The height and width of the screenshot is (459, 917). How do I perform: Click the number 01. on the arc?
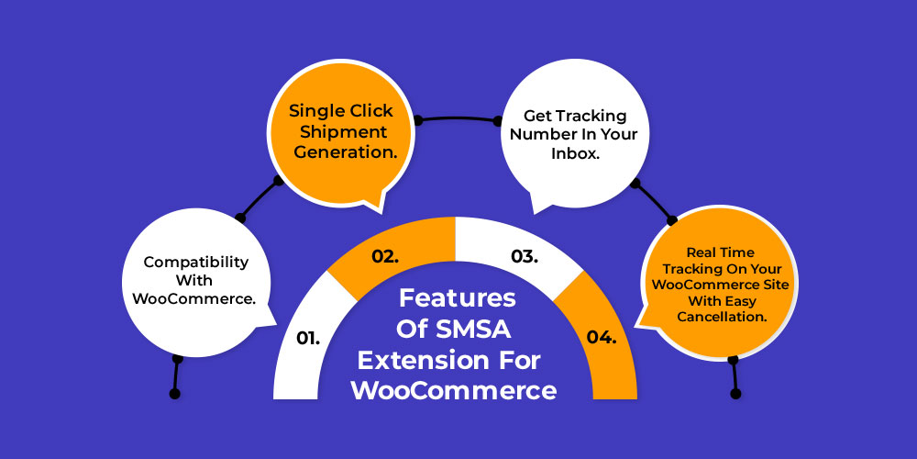(x=308, y=338)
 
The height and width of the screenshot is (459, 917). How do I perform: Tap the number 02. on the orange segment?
(x=386, y=256)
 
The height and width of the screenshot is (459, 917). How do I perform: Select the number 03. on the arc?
(x=524, y=256)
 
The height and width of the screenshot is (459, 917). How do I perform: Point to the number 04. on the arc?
(x=602, y=338)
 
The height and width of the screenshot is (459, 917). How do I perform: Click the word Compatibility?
(x=196, y=262)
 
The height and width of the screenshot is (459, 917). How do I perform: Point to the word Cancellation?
(x=722, y=317)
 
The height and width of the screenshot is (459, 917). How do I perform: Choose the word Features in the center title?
(x=458, y=298)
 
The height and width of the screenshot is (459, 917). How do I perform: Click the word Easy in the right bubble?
(x=742, y=301)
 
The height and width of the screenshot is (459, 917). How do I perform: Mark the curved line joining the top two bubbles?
(x=458, y=118)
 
